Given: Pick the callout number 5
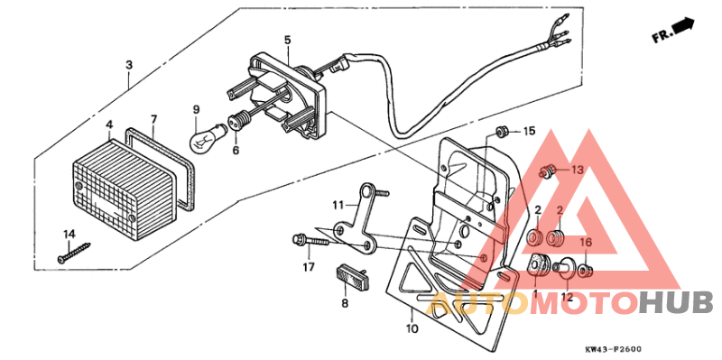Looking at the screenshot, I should (x=287, y=41).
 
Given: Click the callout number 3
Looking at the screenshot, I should (x=129, y=66).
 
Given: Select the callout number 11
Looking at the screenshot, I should (x=338, y=204).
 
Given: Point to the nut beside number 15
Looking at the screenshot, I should (x=503, y=132).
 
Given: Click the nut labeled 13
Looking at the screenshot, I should (x=547, y=170).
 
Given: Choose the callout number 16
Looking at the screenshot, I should (x=586, y=243).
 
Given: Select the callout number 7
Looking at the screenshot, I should (x=154, y=119).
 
